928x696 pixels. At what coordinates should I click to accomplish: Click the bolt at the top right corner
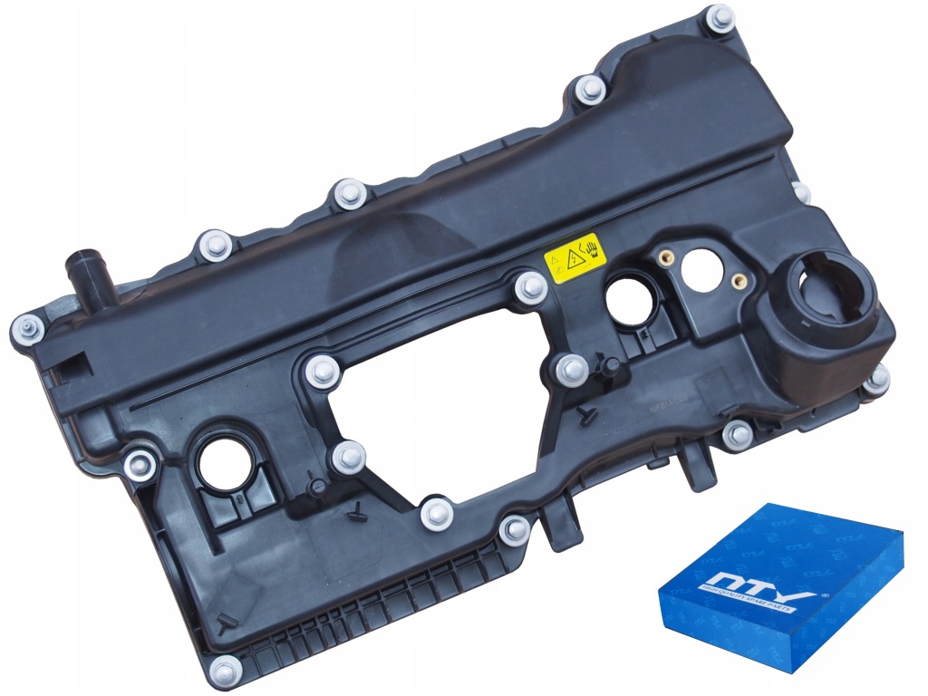click(x=720, y=16)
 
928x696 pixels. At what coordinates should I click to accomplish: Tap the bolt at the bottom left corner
click(x=224, y=672)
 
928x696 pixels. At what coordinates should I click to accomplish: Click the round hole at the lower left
click(x=220, y=462)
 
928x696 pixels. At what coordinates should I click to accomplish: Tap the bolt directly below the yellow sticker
click(x=530, y=288)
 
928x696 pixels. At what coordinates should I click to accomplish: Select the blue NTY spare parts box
click(x=779, y=588)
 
